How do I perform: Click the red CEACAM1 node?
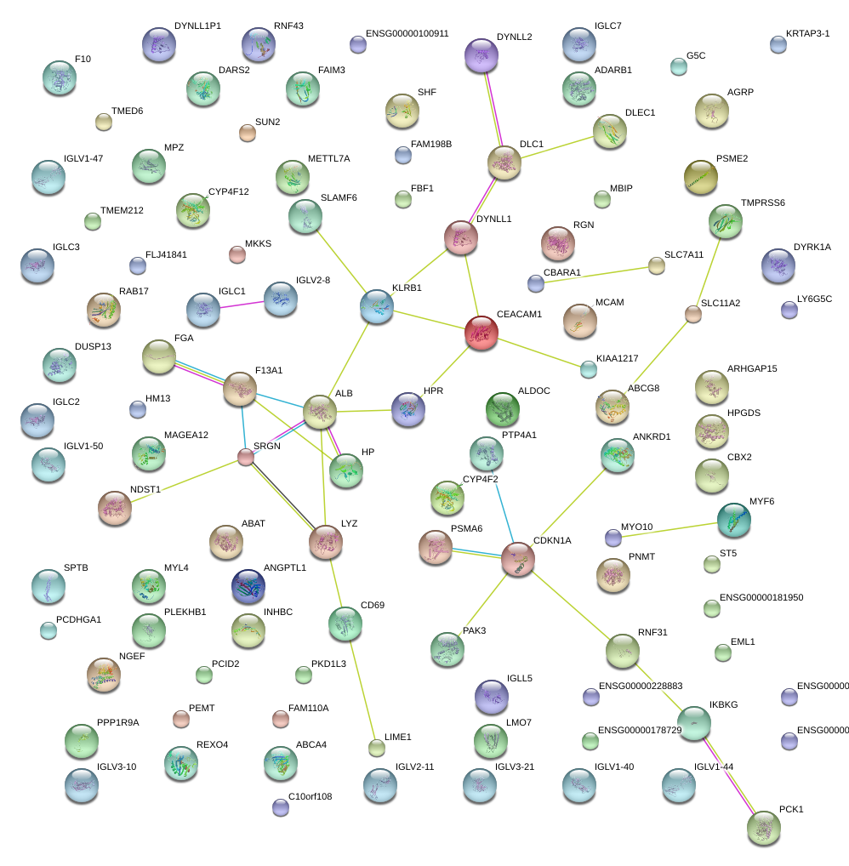[x=481, y=332]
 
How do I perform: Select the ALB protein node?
[x=320, y=412]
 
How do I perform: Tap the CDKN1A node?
[x=517, y=558]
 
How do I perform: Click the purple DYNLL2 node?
[x=481, y=56]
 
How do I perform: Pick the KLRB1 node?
[x=377, y=306]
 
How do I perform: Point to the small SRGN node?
[x=246, y=458]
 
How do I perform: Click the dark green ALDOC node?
[x=502, y=409]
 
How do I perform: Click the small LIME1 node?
[x=377, y=748]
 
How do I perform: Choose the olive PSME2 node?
[x=700, y=177]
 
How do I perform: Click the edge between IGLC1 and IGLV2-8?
[x=242, y=305]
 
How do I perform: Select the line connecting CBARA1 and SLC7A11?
[x=595, y=274]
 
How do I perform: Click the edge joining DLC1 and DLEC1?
[x=557, y=145]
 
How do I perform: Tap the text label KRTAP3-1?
[x=807, y=33]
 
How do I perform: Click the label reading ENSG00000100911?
[x=407, y=33]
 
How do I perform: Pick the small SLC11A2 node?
[x=693, y=315]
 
